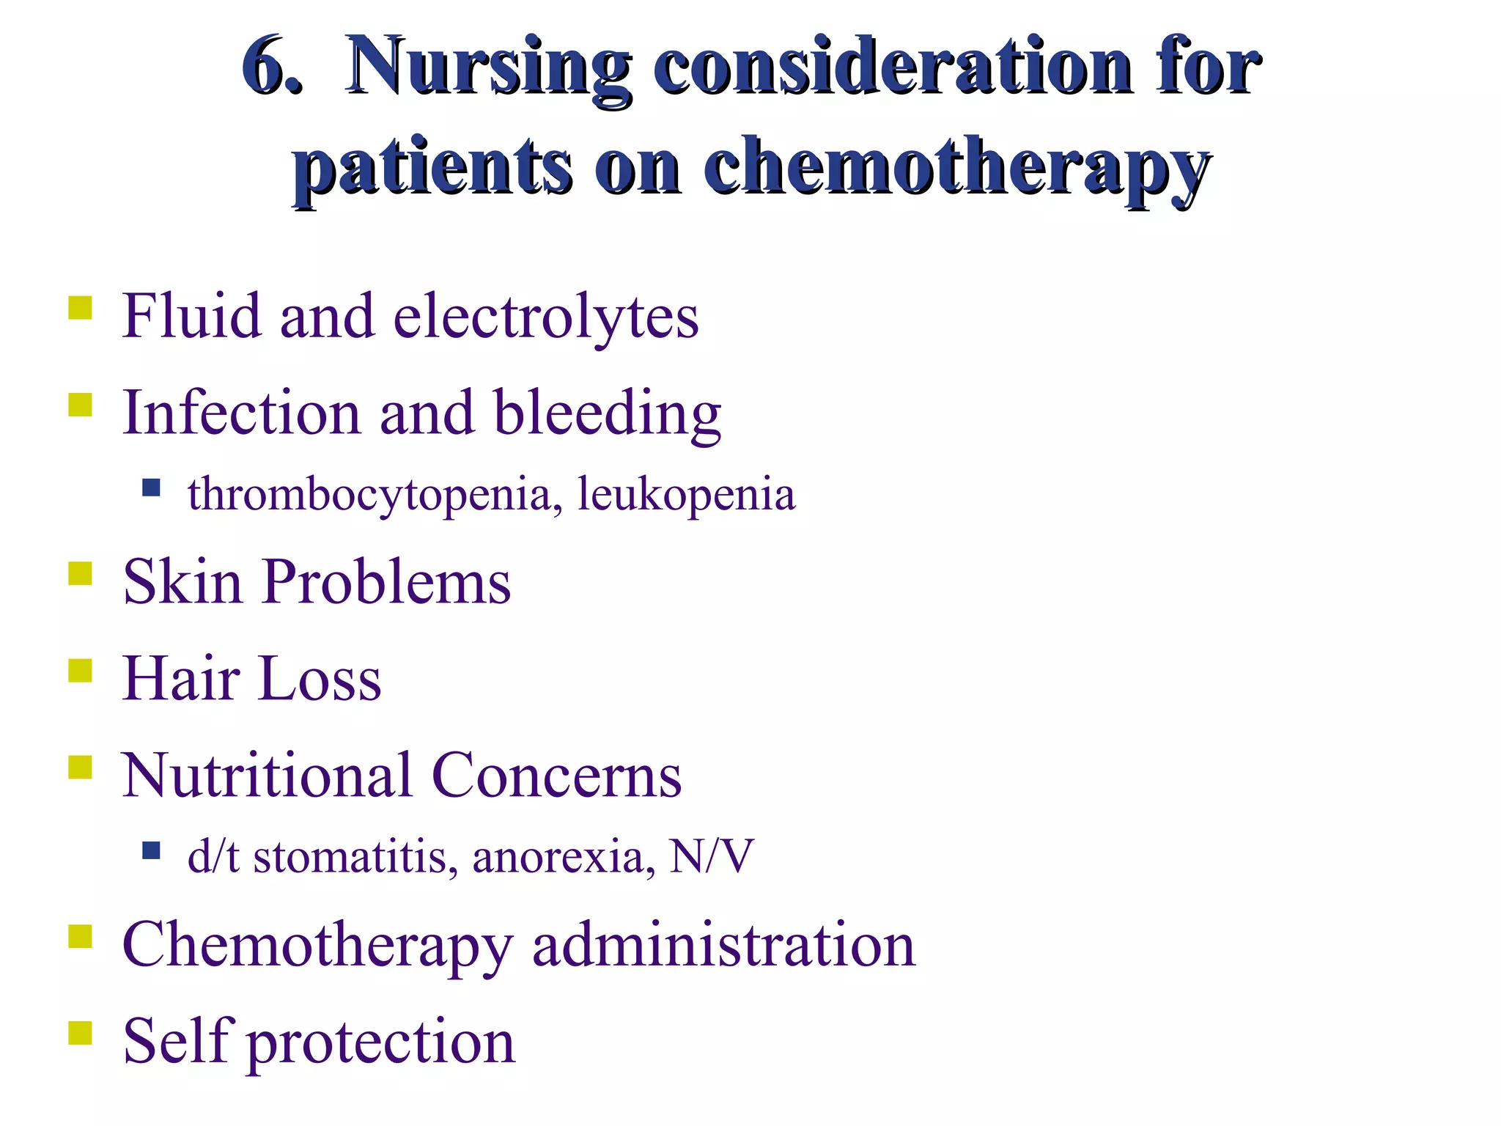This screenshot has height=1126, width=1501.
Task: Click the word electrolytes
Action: (x=546, y=317)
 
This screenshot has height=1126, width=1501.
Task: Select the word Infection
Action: (x=241, y=412)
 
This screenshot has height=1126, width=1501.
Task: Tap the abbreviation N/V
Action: (x=711, y=855)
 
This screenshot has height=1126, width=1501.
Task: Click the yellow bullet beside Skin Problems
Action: (x=80, y=573)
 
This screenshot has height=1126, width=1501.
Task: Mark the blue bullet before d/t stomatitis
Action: (x=151, y=850)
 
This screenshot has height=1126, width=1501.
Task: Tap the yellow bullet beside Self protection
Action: (x=80, y=1033)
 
